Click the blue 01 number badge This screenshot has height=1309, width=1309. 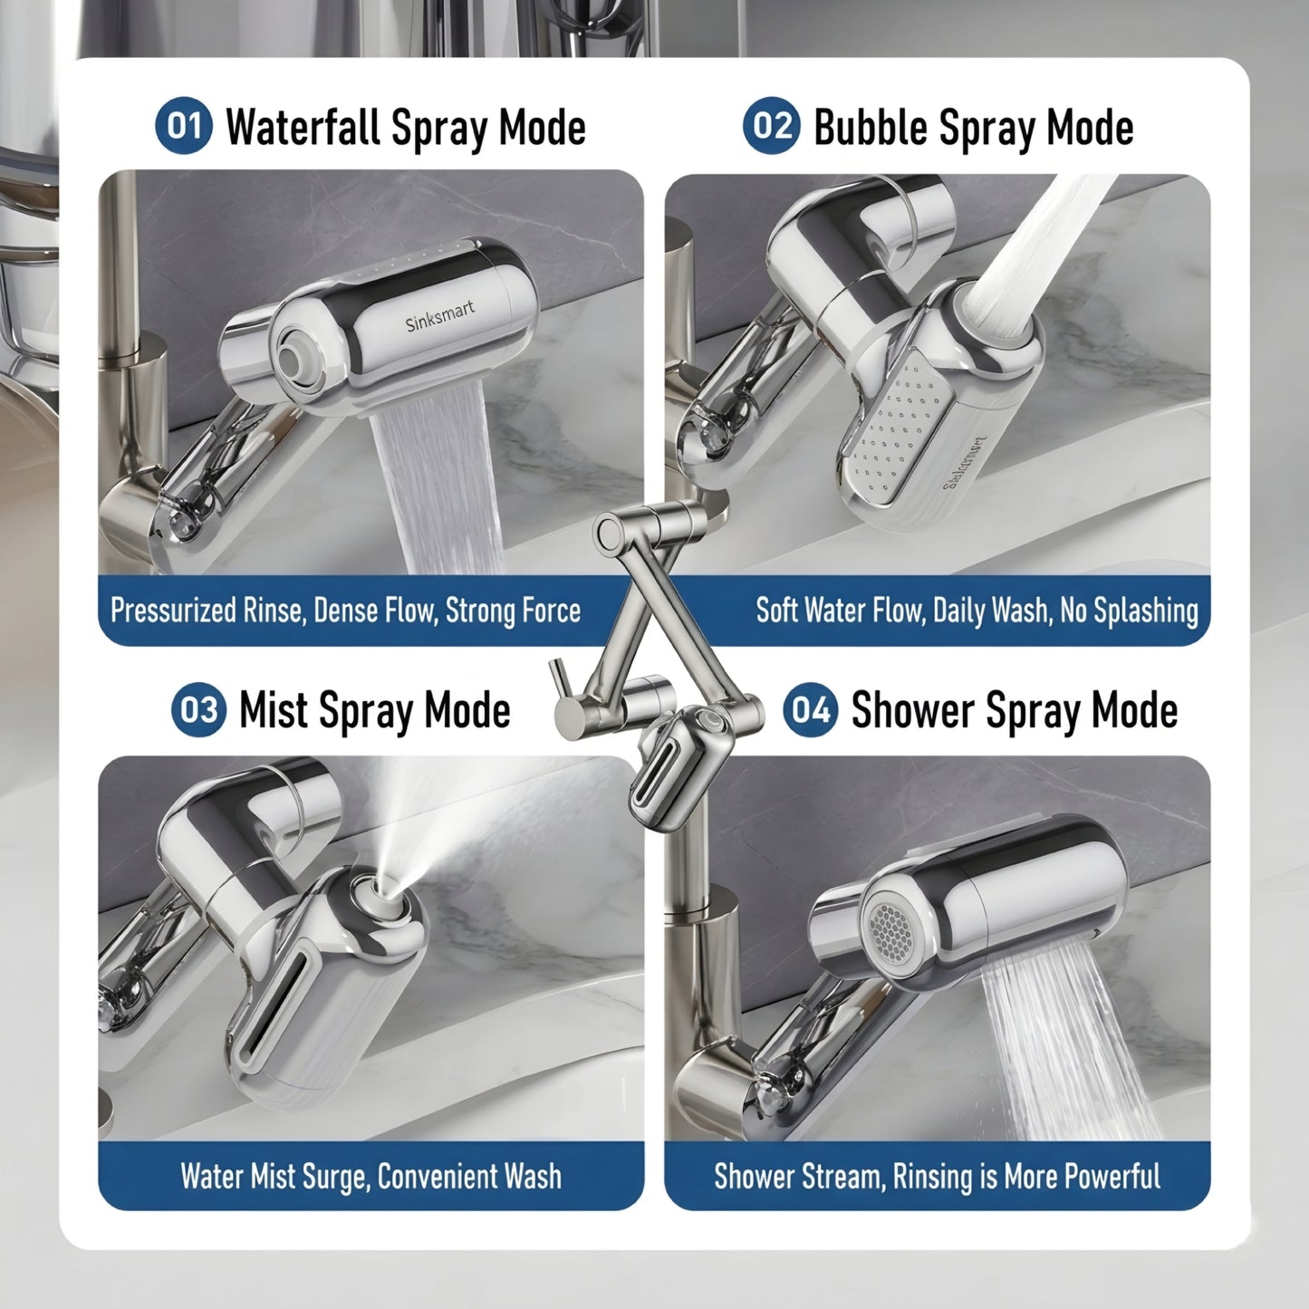click(x=184, y=125)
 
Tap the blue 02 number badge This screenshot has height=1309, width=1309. click(x=772, y=125)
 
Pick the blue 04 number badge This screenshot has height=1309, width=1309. click(x=811, y=709)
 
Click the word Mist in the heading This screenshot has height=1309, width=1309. click(x=274, y=709)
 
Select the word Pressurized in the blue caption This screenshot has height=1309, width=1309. click(x=172, y=611)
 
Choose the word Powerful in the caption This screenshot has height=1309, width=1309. click(x=1112, y=1177)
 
